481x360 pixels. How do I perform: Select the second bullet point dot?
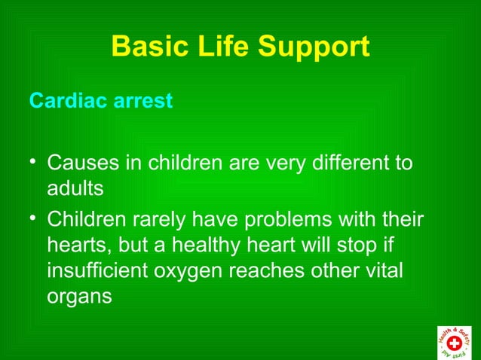(33, 218)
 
